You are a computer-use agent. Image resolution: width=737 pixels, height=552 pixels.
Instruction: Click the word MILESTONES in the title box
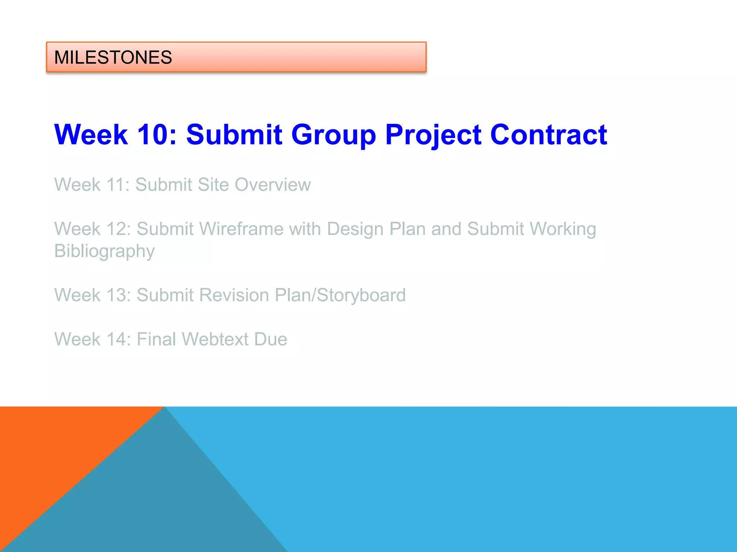tap(113, 57)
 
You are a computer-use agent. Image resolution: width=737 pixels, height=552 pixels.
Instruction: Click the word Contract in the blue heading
tap(548, 135)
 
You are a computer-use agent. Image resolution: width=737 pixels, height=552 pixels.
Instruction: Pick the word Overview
tap(272, 185)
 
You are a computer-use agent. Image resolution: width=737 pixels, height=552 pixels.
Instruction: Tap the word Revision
tap(234, 295)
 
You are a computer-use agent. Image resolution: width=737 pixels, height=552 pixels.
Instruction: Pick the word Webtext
tap(215, 339)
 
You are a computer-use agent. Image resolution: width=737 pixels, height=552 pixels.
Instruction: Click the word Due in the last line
tap(271, 339)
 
